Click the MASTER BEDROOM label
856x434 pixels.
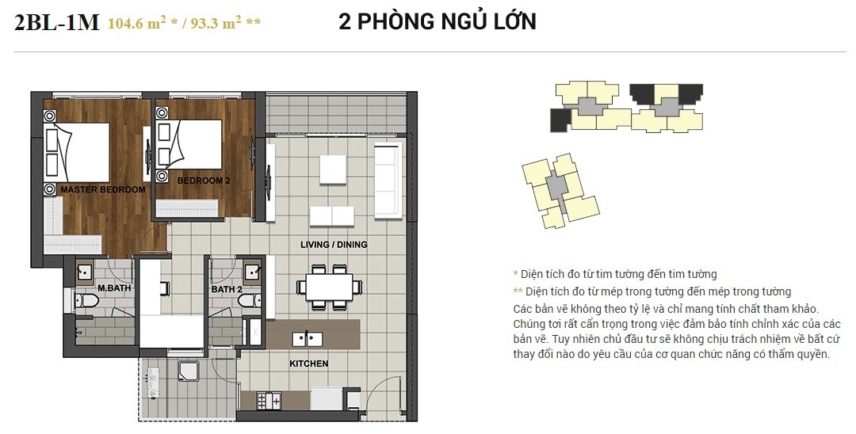click(x=102, y=190)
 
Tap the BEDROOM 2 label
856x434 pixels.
click(x=204, y=181)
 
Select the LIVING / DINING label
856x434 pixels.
click(x=334, y=244)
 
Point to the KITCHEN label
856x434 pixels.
click(x=308, y=364)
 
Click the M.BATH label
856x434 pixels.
click(x=114, y=287)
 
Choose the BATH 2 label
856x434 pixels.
click(x=227, y=289)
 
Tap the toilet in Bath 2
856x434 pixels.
click(x=250, y=300)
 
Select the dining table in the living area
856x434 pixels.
click(x=329, y=287)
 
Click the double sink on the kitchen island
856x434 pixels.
click(x=308, y=339)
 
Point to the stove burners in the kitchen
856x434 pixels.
click(x=269, y=402)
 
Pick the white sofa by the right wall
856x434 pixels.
click(x=388, y=181)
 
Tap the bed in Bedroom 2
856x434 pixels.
click(x=189, y=144)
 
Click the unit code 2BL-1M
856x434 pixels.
click(x=57, y=23)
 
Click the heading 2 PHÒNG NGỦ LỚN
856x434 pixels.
click(x=438, y=21)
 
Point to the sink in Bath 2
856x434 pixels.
click(x=252, y=271)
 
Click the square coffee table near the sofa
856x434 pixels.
click(x=333, y=169)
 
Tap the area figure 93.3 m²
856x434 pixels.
click(x=216, y=23)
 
